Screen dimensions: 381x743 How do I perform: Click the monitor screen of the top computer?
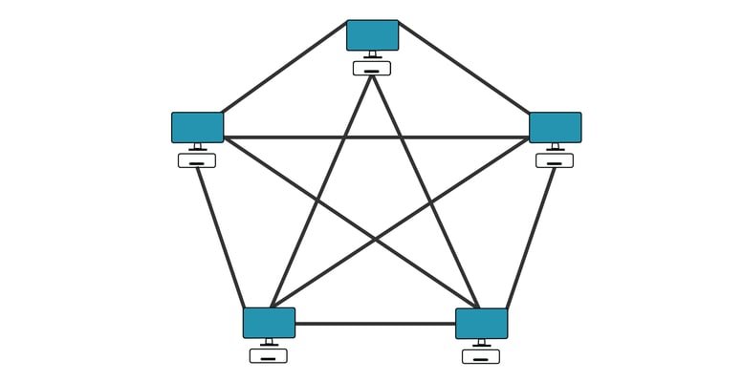(x=372, y=34)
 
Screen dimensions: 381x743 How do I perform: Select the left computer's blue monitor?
(x=197, y=127)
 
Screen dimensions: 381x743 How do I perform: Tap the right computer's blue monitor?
(x=555, y=127)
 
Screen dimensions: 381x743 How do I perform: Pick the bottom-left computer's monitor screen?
(x=269, y=323)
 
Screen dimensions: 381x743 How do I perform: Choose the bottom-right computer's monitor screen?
(x=481, y=323)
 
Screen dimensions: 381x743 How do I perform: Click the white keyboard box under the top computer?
(x=372, y=69)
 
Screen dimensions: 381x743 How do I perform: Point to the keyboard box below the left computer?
(x=197, y=160)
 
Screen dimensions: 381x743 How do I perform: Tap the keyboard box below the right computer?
(x=555, y=160)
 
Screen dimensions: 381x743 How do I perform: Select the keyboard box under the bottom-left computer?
(x=269, y=356)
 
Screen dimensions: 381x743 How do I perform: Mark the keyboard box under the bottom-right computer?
(x=481, y=356)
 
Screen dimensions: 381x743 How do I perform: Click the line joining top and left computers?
(x=283, y=67)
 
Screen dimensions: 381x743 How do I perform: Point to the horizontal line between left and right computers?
(x=376, y=138)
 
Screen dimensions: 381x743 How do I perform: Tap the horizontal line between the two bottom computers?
(x=375, y=324)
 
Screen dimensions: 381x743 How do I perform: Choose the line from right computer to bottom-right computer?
(x=531, y=239)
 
